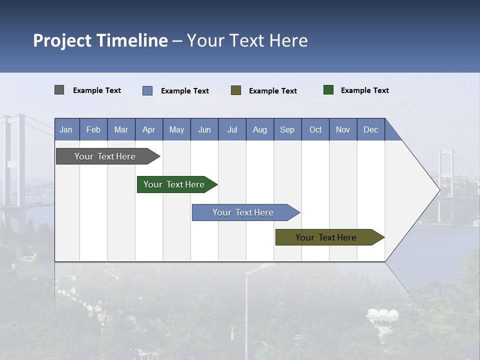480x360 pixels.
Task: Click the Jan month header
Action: [66, 129]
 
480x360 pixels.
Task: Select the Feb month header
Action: [93, 129]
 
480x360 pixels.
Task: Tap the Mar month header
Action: [121, 129]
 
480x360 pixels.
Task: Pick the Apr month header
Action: [149, 129]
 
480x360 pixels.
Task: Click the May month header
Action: [176, 129]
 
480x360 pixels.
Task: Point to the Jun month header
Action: [204, 129]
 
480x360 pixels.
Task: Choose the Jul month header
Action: [232, 129]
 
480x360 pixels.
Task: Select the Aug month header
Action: [260, 129]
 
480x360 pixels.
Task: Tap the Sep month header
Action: [287, 129]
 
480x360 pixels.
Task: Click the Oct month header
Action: [315, 129]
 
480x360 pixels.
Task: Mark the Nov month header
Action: [343, 129]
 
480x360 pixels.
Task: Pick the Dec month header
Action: [371, 129]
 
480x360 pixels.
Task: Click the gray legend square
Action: [59, 90]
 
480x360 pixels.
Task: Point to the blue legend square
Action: [147, 90]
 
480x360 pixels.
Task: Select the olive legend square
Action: [236, 90]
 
